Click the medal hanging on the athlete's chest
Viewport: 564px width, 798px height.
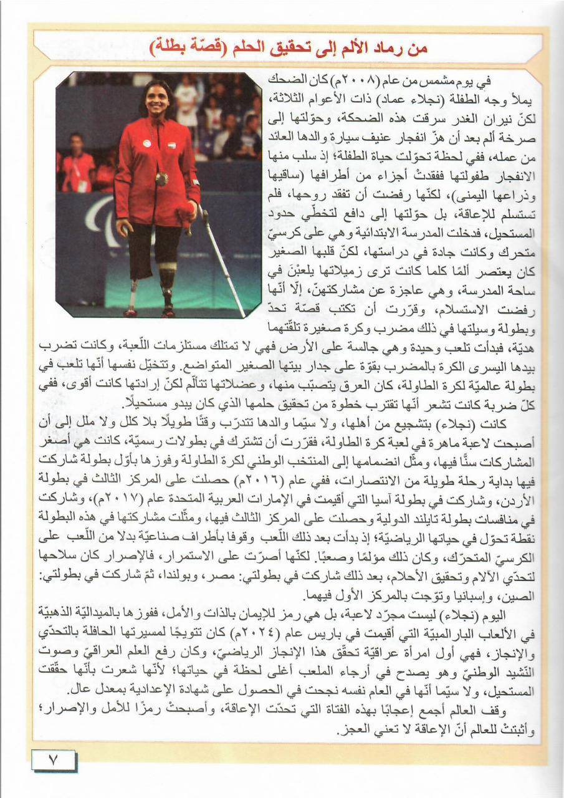pos(161,179)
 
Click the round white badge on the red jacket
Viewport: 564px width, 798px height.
pos(146,143)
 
